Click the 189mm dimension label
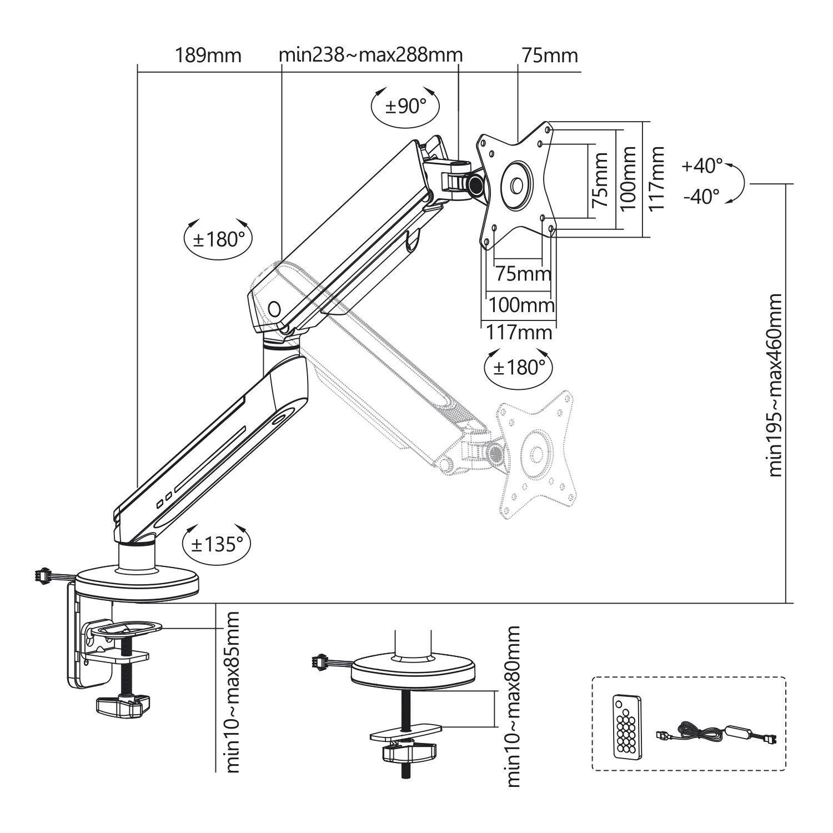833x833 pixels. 208,56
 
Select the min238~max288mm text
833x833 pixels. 370,56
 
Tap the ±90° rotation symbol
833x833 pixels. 405,106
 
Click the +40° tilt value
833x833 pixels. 702,165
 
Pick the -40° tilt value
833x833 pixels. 701,196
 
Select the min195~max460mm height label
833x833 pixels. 775,385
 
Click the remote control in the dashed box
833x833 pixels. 628,725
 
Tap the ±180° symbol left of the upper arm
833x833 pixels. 218,239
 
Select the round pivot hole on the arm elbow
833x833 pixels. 274,308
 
